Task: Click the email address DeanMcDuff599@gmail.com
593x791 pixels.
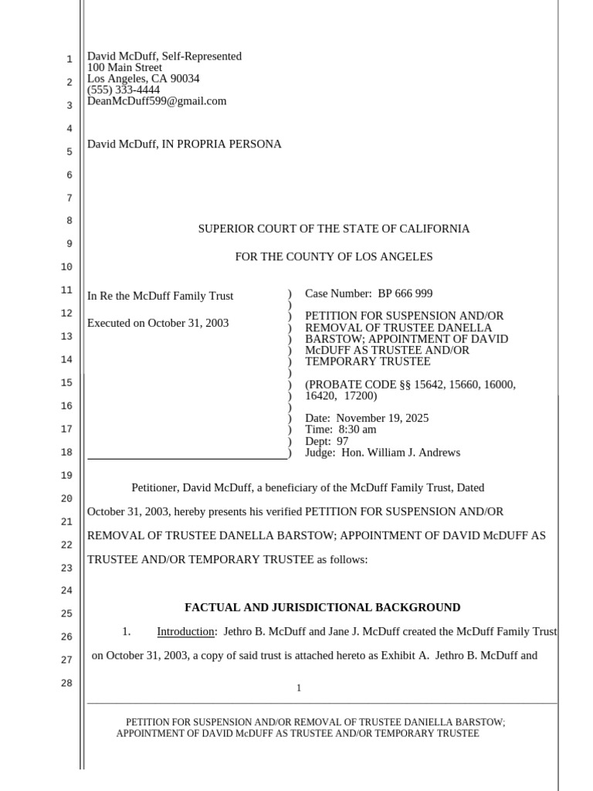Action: click(157, 101)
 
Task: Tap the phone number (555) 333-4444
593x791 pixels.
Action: click(124, 90)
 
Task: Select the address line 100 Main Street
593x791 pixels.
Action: click(124, 67)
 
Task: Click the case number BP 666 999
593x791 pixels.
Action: click(405, 294)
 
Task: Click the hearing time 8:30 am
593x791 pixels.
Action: click(357, 429)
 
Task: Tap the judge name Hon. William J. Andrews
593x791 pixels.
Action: click(401, 453)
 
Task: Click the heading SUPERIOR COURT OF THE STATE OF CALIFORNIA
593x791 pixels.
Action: click(334, 229)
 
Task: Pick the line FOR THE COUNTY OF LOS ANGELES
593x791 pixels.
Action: click(334, 256)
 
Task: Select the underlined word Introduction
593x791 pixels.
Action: click(185, 632)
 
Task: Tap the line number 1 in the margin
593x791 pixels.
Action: click(69, 59)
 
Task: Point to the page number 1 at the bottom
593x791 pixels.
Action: click(299, 688)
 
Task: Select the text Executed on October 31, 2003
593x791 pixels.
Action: click(158, 323)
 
